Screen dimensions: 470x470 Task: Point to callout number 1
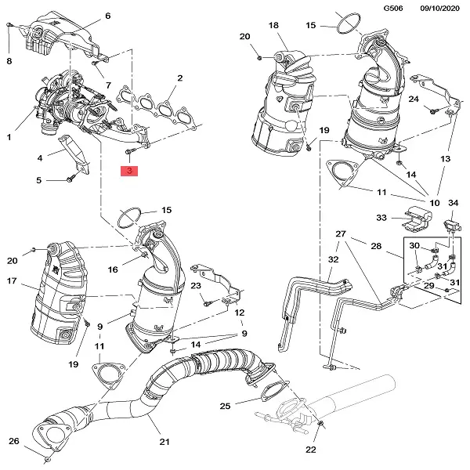coord(9,137)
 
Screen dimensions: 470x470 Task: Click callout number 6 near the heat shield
coord(107,16)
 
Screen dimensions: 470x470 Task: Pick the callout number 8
coord(9,60)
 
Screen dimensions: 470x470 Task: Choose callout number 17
coord(12,281)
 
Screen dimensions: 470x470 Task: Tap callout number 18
coord(273,26)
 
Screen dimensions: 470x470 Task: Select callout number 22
coord(310,450)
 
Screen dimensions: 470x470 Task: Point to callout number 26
coord(13,441)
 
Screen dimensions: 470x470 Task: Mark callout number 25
coord(225,406)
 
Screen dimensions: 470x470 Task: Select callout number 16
coord(113,269)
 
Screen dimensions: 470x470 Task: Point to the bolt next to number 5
coord(69,179)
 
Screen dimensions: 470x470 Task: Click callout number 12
coord(240,313)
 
